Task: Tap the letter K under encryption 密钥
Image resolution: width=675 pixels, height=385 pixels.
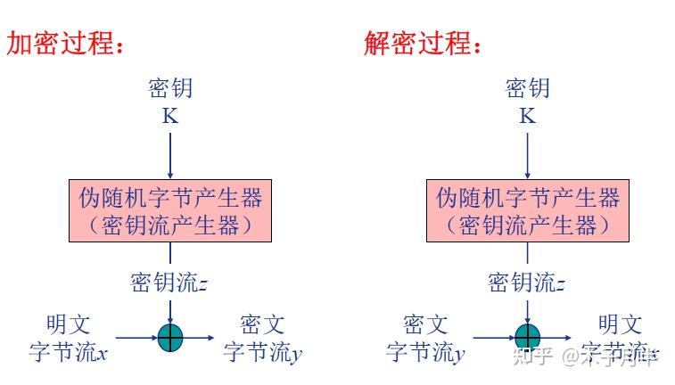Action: click(x=169, y=116)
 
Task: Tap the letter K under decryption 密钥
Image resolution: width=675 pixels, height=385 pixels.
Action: click(x=527, y=116)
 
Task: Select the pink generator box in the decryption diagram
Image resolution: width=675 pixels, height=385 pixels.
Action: click(x=527, y=210)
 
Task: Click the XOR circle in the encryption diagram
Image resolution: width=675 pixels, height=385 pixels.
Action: click(x=170, y=337)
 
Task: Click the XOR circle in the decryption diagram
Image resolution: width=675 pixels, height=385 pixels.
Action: click(x=527, y=337)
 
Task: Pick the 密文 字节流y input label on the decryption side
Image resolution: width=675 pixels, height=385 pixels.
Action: click(x=425, y=339)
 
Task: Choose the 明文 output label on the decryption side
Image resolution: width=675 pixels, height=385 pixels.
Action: click(x=620, y=324)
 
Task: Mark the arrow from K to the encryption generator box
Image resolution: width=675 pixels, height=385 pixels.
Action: click(x=169, y=152)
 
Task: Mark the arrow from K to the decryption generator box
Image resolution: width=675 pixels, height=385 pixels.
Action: click(x=527, y=152)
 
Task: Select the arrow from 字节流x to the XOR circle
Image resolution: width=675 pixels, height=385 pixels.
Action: click(x=136, y=337)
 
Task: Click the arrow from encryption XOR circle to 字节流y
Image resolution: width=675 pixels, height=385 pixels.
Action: click(x=199, y=337)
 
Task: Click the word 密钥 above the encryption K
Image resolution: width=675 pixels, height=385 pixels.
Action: click(x=169, y=88)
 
